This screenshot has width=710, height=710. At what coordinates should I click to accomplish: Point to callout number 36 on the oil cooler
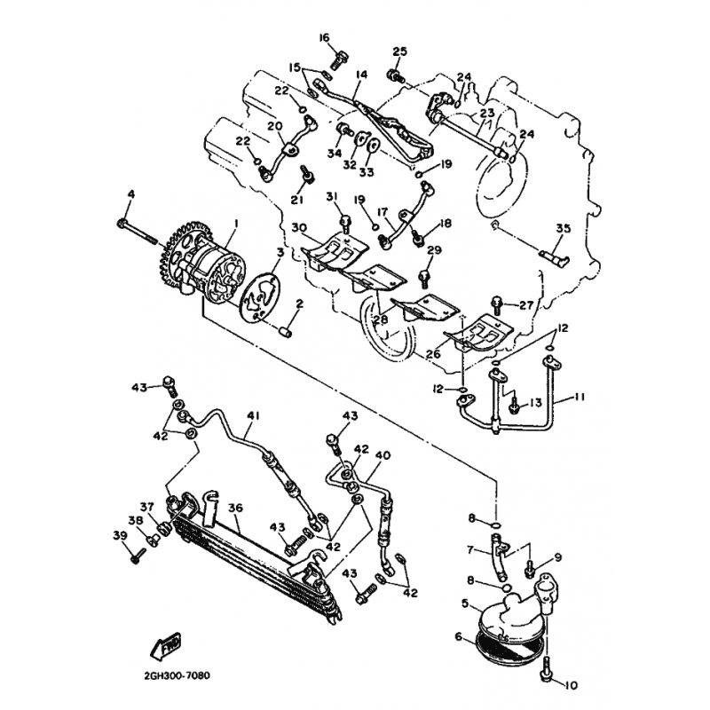[x=234, y=509]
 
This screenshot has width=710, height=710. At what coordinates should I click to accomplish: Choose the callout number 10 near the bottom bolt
[x=569, y=685]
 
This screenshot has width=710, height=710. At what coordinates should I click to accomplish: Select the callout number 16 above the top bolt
[x=324, y=37]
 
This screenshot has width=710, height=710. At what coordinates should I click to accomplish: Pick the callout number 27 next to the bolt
[x=526, y=305]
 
